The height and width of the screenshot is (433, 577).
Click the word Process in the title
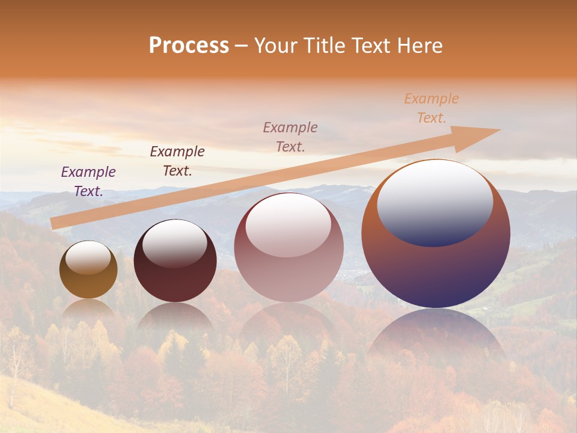189,46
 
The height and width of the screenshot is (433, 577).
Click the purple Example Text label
88,182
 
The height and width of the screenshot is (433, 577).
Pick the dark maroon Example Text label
177,161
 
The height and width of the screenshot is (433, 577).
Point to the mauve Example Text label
290,137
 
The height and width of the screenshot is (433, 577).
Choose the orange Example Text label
432,108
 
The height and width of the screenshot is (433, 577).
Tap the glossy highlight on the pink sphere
288,224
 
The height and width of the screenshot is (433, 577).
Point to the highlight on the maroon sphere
175,243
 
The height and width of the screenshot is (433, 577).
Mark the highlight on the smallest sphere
88,257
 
